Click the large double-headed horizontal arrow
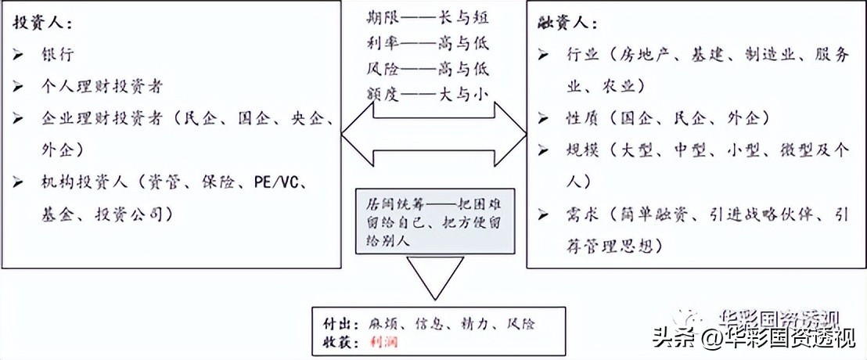tap(434, 133)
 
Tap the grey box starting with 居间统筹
tap(433, 221)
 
